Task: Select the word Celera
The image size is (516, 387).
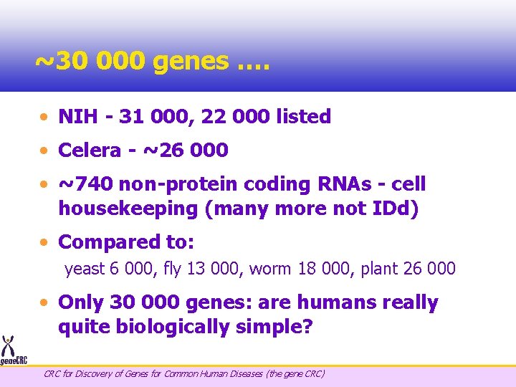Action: coord(90,150)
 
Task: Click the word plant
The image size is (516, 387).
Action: coord(381,269)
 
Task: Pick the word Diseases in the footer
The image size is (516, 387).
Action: coord(245,373)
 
